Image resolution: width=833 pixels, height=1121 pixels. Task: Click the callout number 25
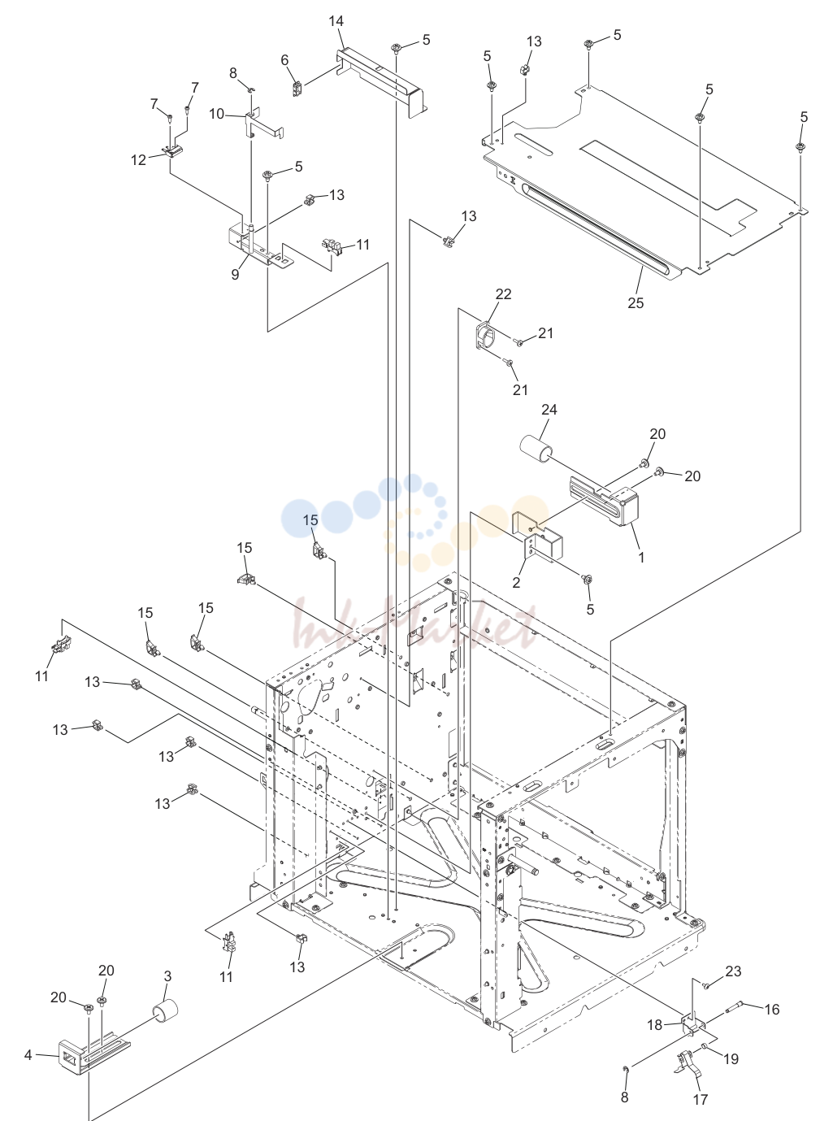[636, 302]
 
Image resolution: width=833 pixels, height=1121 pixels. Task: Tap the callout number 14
[336, 21]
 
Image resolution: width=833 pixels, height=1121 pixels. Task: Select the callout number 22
[503, 293]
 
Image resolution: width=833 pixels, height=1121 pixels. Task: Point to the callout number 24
[549, 410]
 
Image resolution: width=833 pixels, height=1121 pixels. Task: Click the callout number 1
[641, 558]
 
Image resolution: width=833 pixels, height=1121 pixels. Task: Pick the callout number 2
[516, 582]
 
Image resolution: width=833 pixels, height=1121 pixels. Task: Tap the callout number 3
[167, 976]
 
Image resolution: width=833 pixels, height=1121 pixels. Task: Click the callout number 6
[284, 60]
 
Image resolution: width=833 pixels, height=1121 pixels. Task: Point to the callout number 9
[235, 275]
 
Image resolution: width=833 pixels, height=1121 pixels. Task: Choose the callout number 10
[216, 114]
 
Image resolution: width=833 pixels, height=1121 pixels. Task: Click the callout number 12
[138, 160]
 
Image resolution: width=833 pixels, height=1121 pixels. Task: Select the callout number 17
[700, 1099]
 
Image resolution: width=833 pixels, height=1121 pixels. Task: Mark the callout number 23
[733, 971]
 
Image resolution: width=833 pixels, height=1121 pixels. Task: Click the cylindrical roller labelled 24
[537, 450]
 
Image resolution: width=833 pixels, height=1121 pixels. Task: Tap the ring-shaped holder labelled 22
[486, 335]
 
